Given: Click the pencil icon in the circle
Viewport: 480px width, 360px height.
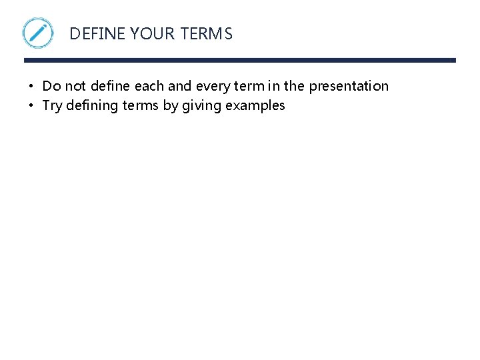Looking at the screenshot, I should [38, 33].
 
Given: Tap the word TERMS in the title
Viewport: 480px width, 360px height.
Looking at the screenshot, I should [206, 34].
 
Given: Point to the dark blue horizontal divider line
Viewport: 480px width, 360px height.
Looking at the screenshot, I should [240, 61].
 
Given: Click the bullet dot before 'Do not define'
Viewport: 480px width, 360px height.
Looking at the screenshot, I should [31, 87].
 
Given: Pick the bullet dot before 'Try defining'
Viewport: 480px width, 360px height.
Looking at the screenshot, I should [31, 106].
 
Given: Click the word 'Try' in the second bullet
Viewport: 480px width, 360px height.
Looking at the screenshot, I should [53, 105].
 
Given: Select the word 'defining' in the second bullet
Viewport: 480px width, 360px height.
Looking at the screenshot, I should [93, 105].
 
